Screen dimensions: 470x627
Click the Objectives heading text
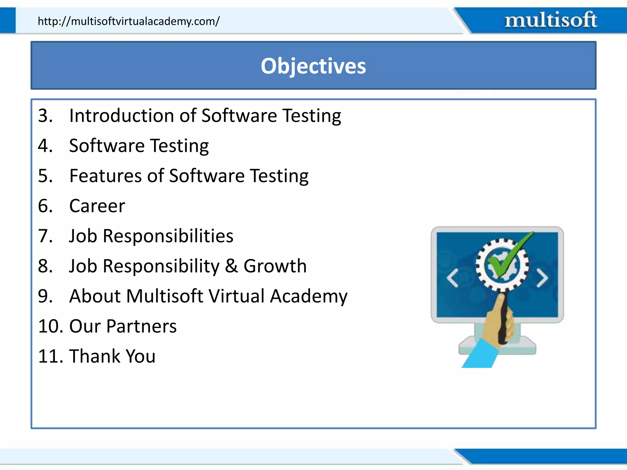[x=313, y=66]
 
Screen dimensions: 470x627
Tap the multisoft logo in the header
[x=550, y=20]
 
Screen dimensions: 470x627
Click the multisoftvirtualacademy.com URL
[x=129, y=21]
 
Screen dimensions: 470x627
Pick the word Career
[x=97, y=206]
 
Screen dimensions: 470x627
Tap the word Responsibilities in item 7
[x=168, y=236]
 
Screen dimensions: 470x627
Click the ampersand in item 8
[x=231, y=266]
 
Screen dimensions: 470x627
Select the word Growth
[x=275, y=266]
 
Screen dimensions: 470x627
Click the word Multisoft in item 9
[x=165, y=296]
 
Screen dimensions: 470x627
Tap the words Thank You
[x=112, y=356]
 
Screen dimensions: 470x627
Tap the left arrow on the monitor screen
[x=452, y=278]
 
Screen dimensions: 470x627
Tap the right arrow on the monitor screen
[x=542, y=278]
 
